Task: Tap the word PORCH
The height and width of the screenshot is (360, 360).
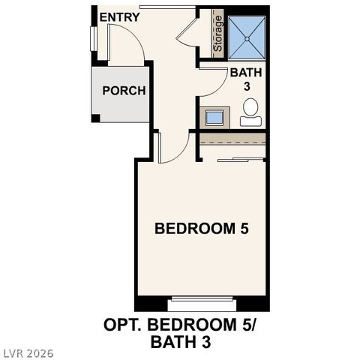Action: [124, 91]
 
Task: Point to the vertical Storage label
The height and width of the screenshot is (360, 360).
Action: [218, 34]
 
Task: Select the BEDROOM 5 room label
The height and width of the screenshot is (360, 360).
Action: [201, 229]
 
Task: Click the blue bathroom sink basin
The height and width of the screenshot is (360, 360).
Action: [214, 117]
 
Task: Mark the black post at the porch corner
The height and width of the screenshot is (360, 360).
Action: [95, 118]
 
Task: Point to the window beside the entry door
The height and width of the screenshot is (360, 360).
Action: [94, 39]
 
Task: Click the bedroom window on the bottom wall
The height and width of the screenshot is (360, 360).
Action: [201, 304]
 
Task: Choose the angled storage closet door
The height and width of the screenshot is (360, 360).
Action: [187, 31]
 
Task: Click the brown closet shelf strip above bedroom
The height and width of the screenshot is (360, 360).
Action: [232, 140]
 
